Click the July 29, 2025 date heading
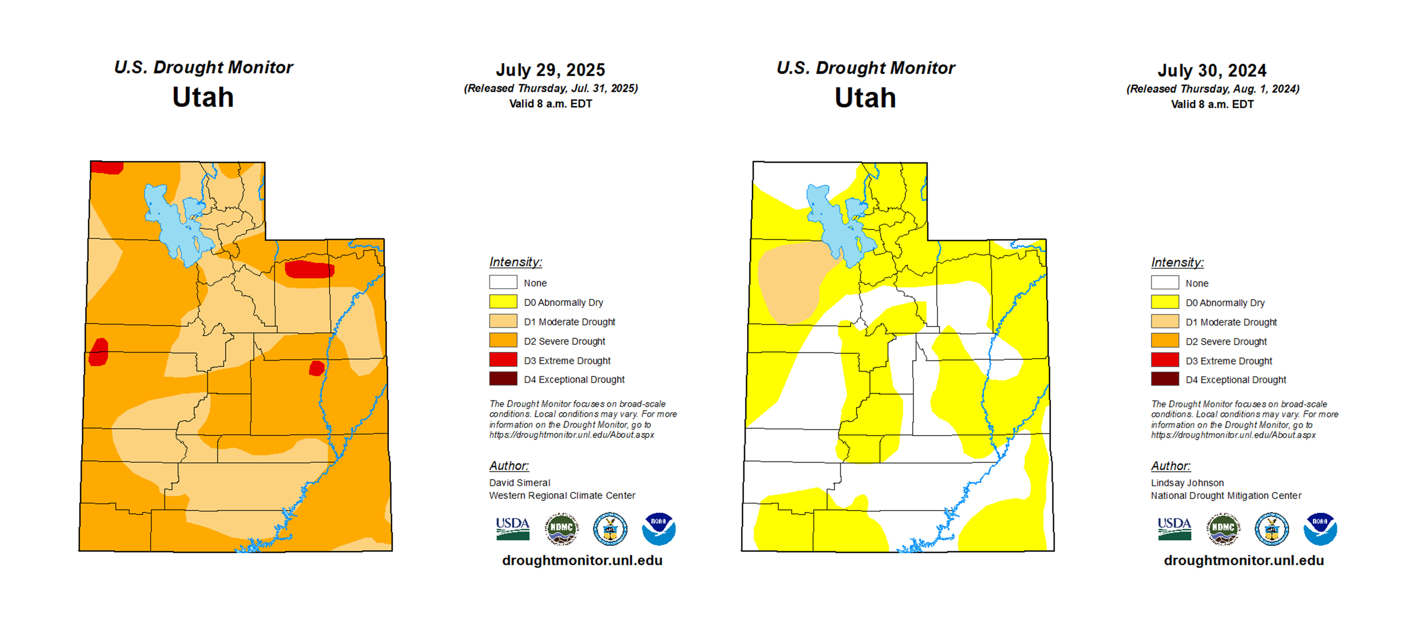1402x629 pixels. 550,70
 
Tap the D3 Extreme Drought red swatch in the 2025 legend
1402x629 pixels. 503,360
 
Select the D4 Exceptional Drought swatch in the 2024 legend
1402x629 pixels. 1165,379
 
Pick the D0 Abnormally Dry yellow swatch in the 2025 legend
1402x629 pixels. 503,302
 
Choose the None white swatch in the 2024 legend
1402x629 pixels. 1165,283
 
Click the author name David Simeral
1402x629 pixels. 519,482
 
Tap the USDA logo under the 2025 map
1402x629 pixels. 512,528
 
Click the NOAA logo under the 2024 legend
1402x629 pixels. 1320,528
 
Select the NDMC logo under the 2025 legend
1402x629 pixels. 562,528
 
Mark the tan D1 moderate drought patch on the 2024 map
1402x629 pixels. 789,283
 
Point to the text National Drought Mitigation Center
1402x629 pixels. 1226,496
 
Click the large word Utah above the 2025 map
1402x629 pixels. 203,98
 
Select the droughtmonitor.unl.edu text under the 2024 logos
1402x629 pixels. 1244,560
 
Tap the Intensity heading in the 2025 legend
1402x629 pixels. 516,262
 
